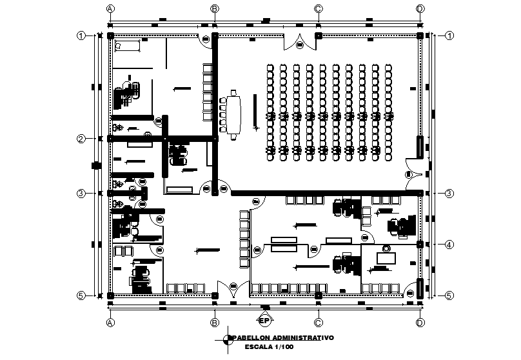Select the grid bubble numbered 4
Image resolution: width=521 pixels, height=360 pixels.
pos(449,244)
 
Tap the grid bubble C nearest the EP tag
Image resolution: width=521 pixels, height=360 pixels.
pos(318,322)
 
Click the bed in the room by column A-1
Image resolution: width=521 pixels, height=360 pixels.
pos(128,45)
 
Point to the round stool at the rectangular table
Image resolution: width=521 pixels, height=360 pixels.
pos(387,248)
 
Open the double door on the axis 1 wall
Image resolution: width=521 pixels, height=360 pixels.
pos(300,41)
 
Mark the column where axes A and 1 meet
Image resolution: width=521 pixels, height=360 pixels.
pos(111,35)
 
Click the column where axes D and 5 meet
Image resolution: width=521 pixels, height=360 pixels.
pos(420,295)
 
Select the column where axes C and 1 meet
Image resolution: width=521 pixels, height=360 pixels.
pos(318,35)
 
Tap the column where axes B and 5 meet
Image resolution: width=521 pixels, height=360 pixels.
pos(215,295)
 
